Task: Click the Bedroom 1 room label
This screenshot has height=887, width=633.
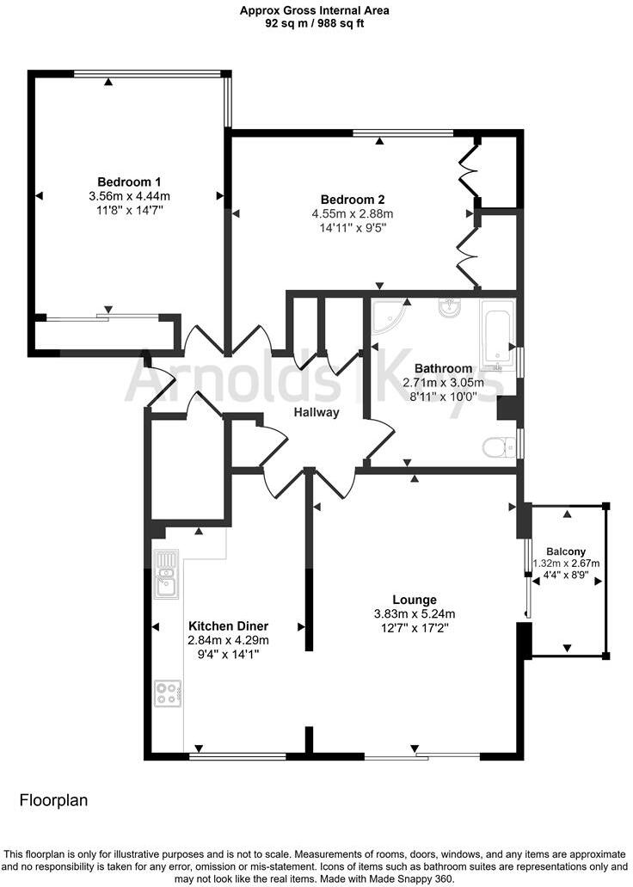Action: pos(129,182)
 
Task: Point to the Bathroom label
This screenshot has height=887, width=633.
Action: pos(444,368)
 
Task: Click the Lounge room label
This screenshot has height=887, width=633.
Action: pos(415,600)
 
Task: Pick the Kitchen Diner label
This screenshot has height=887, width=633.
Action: pos(229,625)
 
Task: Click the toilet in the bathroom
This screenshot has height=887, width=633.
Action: pos(495,447)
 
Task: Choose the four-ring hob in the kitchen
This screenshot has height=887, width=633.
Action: pos(168,693)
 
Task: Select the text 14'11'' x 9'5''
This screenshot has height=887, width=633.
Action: pos(352,228)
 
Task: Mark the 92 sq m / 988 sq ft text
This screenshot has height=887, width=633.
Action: pos(315,24)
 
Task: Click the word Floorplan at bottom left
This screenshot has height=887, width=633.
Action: pos(53,801)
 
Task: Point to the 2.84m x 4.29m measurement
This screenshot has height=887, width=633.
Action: pos(229,640)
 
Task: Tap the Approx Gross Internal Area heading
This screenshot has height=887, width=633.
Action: pos(315,10)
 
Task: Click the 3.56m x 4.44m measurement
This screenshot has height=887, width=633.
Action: pos(129,195)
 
